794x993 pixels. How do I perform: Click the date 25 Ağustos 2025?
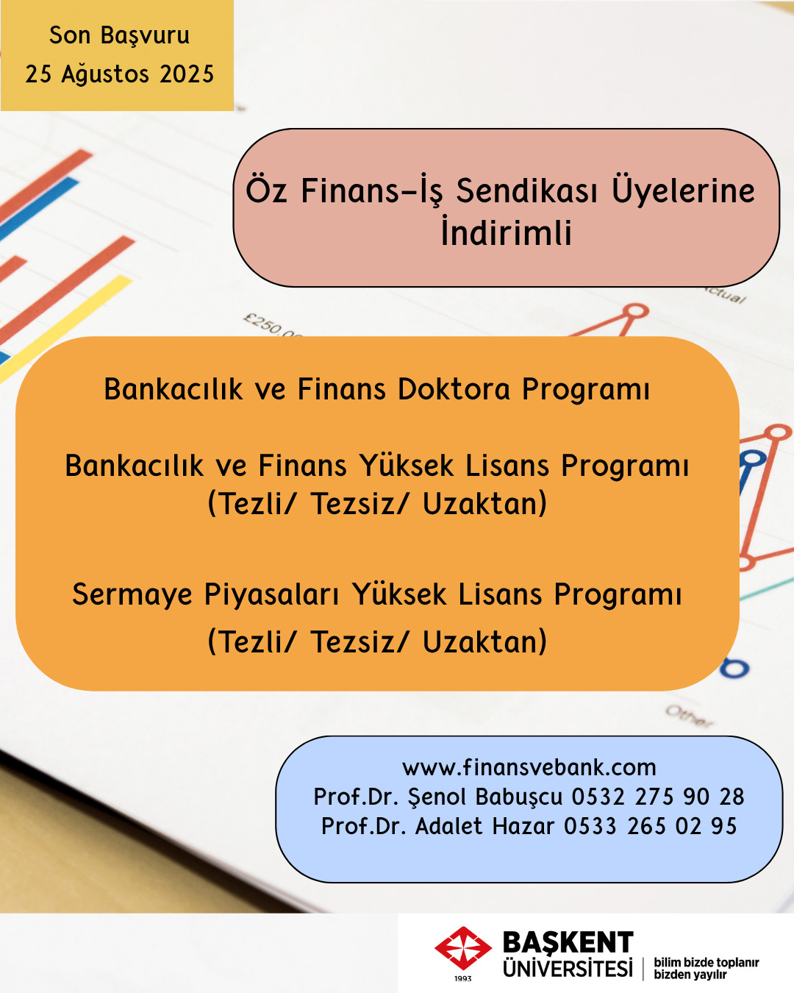(120, 74)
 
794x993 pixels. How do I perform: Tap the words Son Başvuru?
(120, 35)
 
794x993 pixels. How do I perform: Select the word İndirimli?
(506, 232)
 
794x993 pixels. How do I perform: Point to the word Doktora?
(454, 389)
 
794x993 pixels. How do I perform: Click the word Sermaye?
(132, 594)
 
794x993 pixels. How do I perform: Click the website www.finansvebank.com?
(529, 767)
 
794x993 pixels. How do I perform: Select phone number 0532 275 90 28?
(658, 797)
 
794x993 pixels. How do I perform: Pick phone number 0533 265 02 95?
(650, 826)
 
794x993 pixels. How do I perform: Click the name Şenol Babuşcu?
(485, 797)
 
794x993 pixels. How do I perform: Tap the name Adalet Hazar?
(484, 826)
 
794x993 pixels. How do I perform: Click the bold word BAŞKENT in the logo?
(568, 942)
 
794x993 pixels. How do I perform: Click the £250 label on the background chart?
(272, 325)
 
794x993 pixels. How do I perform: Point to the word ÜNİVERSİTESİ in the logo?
(568, 968)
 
